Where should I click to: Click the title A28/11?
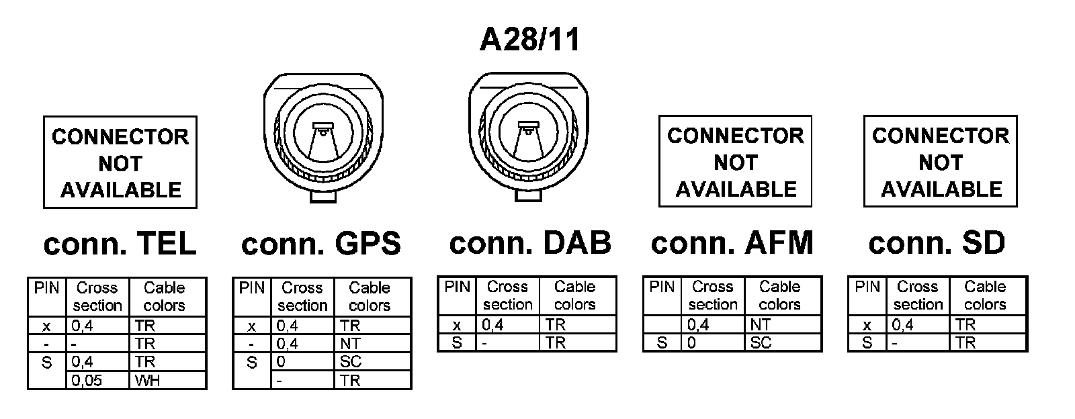point(529,40)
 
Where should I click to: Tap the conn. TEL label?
point(120,243)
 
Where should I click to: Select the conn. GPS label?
point(320,243)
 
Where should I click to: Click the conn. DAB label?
point(530,242)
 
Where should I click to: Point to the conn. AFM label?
point(732,242)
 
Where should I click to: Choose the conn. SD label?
point(937,242)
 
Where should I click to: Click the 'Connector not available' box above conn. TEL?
point(120,162)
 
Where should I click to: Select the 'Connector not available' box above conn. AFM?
point(735,162)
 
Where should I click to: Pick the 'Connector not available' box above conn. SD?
point(940,162)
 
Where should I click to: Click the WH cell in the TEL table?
point(167,381)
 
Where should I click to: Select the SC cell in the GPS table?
point(372,362)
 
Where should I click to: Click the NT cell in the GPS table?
point(372,344)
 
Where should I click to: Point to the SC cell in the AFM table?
point(784,342)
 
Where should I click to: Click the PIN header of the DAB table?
point(457,287)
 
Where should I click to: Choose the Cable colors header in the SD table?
point(985,295)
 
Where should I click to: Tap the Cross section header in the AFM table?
point(713,295)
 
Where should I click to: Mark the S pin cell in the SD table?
point(867,342)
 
